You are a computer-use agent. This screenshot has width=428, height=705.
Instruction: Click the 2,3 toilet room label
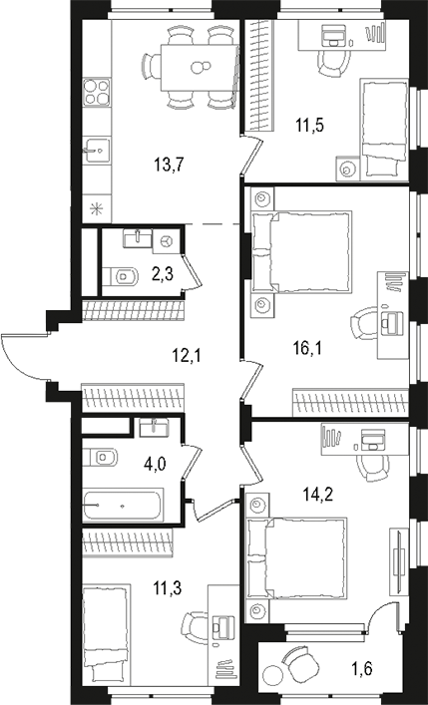(x=164, y=271)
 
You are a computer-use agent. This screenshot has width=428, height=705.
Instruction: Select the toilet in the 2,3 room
(x=122, y=274)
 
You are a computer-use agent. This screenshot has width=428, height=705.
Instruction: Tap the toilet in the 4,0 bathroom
(x=105, y=458)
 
